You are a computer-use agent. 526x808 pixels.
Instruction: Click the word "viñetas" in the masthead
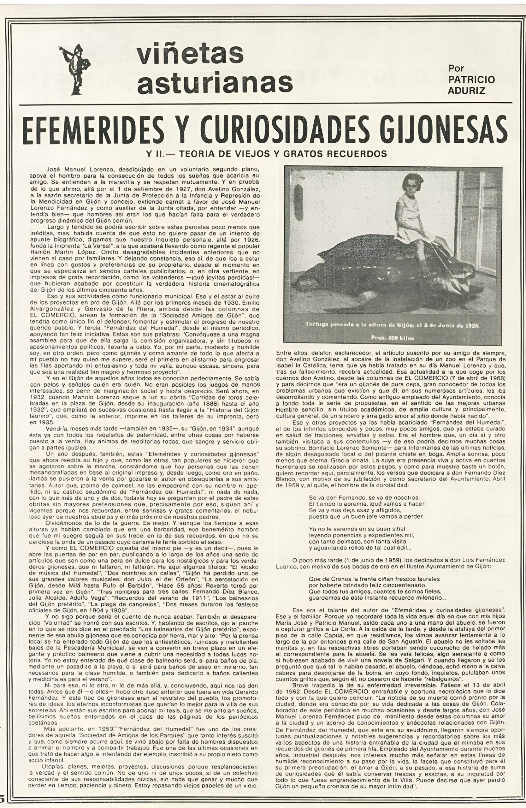tap(190, 54)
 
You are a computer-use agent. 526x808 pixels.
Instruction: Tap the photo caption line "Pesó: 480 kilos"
tap(394, 338)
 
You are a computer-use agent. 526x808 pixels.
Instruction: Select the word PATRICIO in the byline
tap(471, 80)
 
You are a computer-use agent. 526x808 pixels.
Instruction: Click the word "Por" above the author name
tap(456, 68)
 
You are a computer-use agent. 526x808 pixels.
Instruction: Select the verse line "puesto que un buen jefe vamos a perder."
tap(367, 517)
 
